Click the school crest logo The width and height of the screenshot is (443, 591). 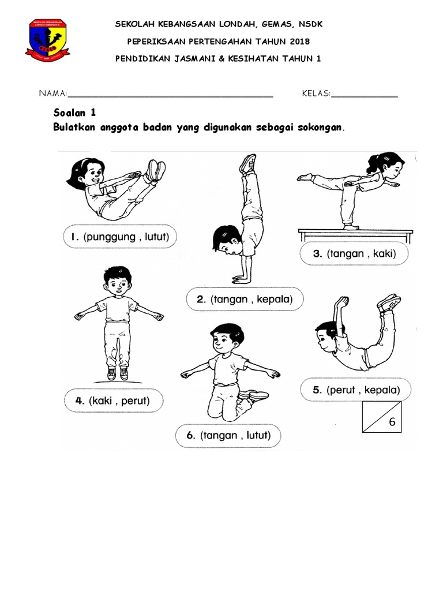pyautogui.click(x=47, y=40)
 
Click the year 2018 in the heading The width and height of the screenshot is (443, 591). pyautogui.click(x=300, y=42)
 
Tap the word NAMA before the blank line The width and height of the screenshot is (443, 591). pyautogui.click(x=52, y=93)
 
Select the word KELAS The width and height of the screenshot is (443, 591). pyautogui.click(x=316, y=93)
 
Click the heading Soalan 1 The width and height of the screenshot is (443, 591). pyautogui.click(x=74, y=113)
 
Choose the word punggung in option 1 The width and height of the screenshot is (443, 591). pyautogui.click(x=111, y=237)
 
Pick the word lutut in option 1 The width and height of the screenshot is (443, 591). pyautogui.click(x=155, y=237)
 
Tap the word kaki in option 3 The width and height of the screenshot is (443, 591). pyautogui.click(x=383, y=253)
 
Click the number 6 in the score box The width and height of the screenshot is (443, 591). pyautogui.click(x=392, y=422)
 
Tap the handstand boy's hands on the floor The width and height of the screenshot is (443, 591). pyautogui.click(x=240, y=279)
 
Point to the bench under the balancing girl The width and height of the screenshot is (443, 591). pyautogui.click(x=355, y=234)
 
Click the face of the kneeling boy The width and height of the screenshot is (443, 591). pyautogui.click(x=223, y=341)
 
